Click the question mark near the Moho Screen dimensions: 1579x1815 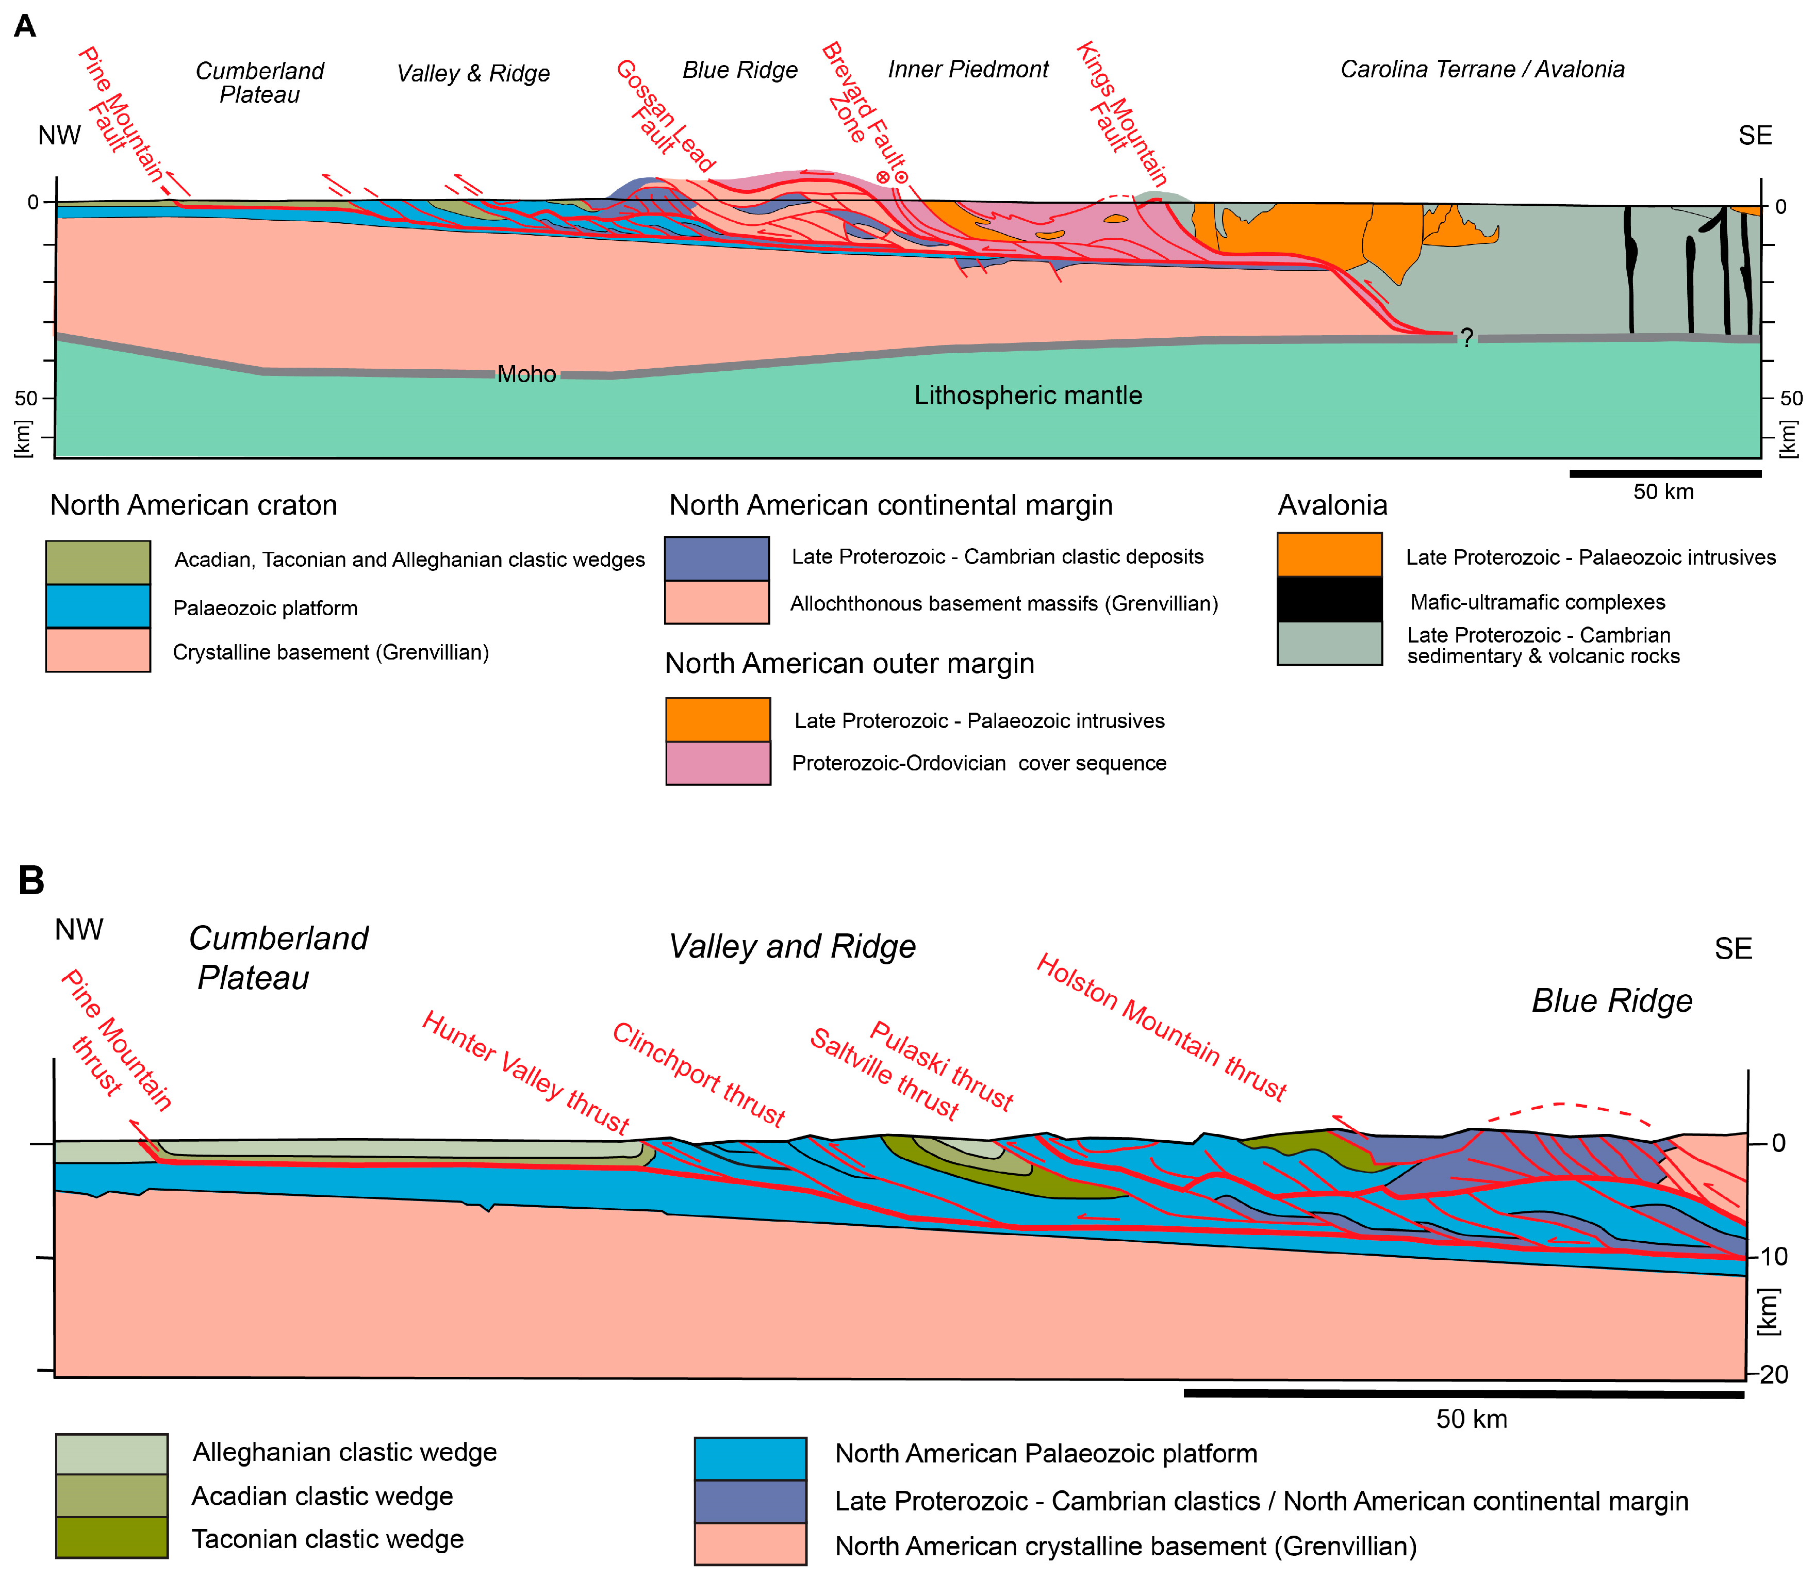coord(1466,338)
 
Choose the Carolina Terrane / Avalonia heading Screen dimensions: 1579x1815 coord(1482,70)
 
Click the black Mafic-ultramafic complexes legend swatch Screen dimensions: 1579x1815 coord(1329,599)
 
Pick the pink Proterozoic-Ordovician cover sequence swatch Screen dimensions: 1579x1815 coord(718,763)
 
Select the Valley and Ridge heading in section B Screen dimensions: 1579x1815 coord(792,946)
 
